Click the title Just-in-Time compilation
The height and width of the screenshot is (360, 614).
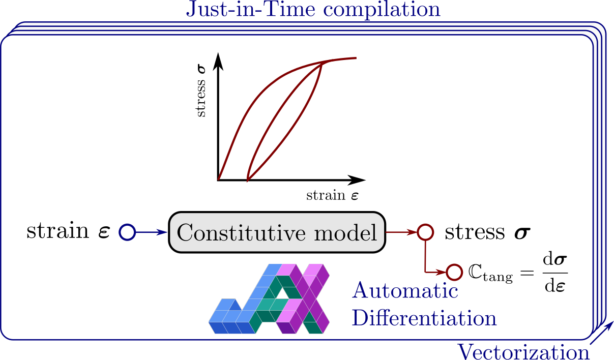(x=313, y=10)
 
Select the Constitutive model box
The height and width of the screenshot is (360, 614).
(x=277, y=232)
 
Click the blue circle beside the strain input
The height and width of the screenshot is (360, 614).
(x=127, y=232)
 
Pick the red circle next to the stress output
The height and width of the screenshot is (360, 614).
(x=425, y=232)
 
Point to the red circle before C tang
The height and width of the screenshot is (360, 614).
(x=454, y=272)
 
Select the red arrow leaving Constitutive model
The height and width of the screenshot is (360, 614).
(x=401, y=232)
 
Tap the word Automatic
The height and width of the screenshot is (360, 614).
(x=405, y=291)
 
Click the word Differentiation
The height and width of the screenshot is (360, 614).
(x=424, y=318)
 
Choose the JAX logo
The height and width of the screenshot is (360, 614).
(x=269, y=299)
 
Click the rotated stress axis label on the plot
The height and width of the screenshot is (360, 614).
(x=201, y=91)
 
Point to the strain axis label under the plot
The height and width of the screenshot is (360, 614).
(x=332, y=195)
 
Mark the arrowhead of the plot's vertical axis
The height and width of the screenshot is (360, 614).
(x=219, y=59)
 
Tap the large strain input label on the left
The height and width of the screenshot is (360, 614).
(x=68, y=231)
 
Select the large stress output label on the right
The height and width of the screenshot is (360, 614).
(x=487, y=232)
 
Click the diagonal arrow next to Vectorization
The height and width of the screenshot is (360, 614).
(x=602, y=333)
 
